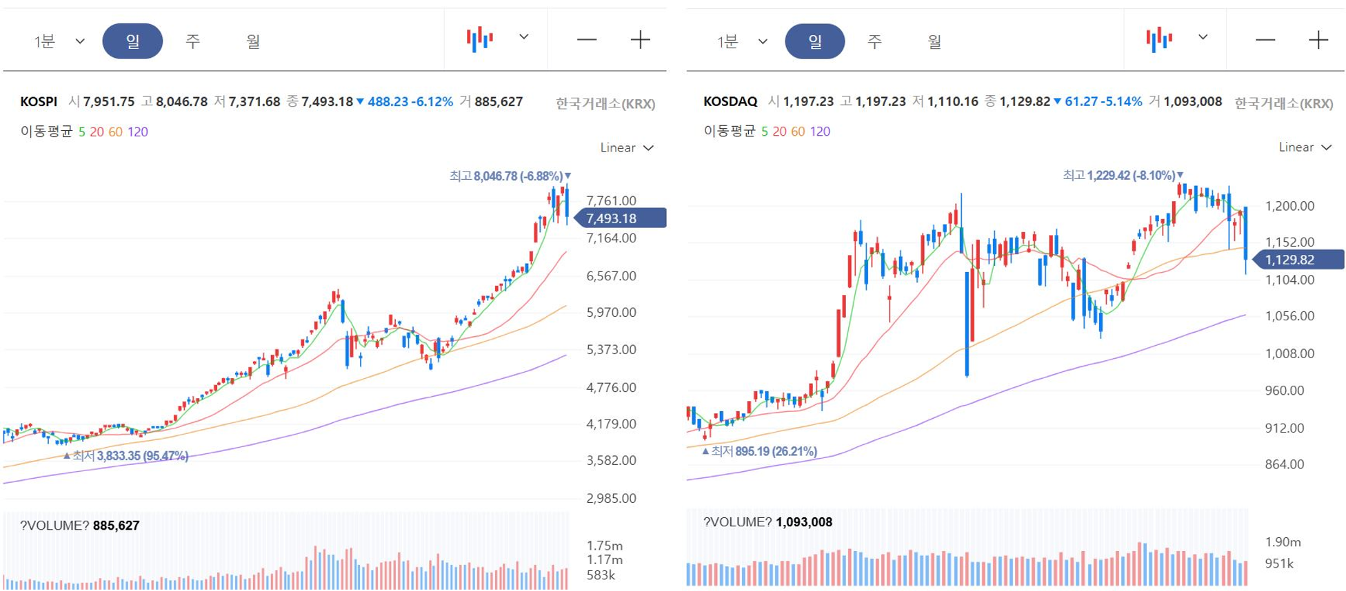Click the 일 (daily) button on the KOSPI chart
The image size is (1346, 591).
(132, 41)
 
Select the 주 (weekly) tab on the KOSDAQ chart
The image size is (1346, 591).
(874, 41)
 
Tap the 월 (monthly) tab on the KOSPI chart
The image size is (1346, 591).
(253, 41)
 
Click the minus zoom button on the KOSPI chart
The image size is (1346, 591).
(587, 40)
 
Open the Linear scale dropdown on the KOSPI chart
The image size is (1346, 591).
(627, 147)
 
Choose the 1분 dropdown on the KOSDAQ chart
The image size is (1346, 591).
(742, 41)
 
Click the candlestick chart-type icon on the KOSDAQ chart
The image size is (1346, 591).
(1159, 39)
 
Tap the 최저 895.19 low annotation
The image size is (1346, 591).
(759, 451)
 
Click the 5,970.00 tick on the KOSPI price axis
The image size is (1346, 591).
(611, 312)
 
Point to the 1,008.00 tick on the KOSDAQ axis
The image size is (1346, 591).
(1289, 353)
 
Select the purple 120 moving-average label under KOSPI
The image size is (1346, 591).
(137, 132)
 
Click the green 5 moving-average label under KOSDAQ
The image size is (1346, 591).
(765, 131)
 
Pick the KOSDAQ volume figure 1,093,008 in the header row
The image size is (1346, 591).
(1193, 102)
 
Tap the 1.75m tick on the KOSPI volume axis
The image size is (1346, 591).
(604, 546)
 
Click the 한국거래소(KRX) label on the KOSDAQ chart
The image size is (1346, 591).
(1283, 103)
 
